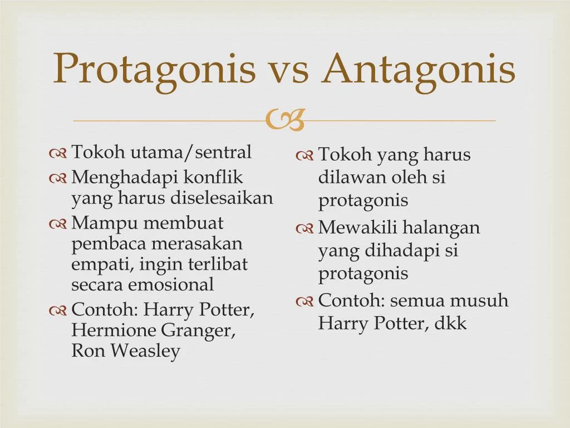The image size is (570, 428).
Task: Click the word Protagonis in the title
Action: coord(154,69)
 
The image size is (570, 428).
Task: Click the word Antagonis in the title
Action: coord(419,69)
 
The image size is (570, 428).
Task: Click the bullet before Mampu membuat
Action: coord(58,224)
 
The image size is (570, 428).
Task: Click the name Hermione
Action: coord(114,330)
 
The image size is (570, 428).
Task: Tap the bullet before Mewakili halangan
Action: coord(304,228)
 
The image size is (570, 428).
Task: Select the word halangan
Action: coord(441,228)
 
